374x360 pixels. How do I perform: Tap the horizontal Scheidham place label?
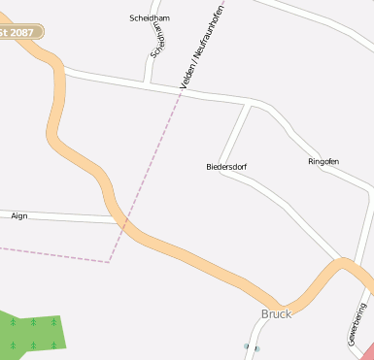coord(149,18)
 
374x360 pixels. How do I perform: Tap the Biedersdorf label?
coord(226,167)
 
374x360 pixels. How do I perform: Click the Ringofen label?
coord(323,161)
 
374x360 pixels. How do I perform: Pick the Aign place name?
coord(19,215)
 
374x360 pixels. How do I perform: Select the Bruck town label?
coord(277,314)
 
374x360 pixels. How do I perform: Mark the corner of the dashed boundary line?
coord(110,261)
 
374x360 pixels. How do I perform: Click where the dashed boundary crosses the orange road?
coord(124,226)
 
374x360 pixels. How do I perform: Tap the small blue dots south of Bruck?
coord(252,346)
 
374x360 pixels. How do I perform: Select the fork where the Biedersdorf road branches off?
coord(250,102)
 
